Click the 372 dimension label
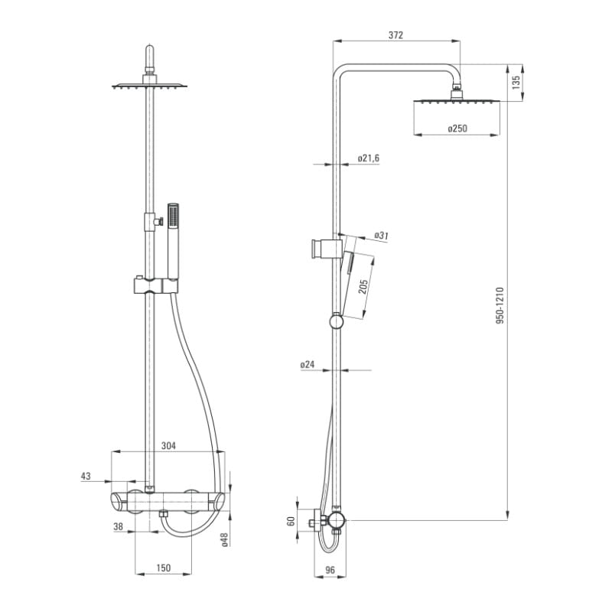pos(396,35)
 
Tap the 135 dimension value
pos(516,83)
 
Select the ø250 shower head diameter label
pos(457,129)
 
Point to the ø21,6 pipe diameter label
pos(369,158)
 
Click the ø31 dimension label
pos(381,236)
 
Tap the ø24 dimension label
pos(308,365)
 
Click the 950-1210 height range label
pos(500,305)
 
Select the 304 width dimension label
pos(168,445)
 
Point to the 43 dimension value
pos(86,476)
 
